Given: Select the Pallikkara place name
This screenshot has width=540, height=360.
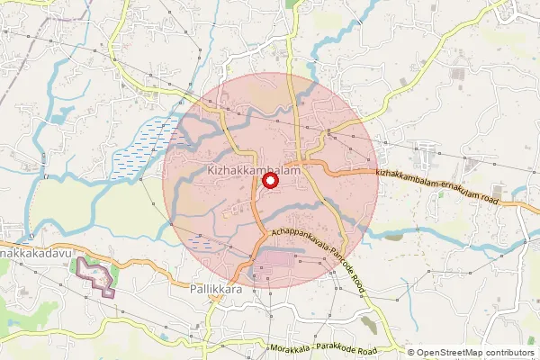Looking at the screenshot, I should click(x=218, y=290).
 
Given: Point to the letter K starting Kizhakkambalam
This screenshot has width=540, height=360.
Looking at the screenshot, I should click(x=211, y=169).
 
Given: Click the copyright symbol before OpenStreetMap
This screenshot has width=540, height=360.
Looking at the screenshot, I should click(x=412, y=353).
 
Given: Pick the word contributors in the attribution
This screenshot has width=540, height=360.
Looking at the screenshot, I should click(x=509, y=353).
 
